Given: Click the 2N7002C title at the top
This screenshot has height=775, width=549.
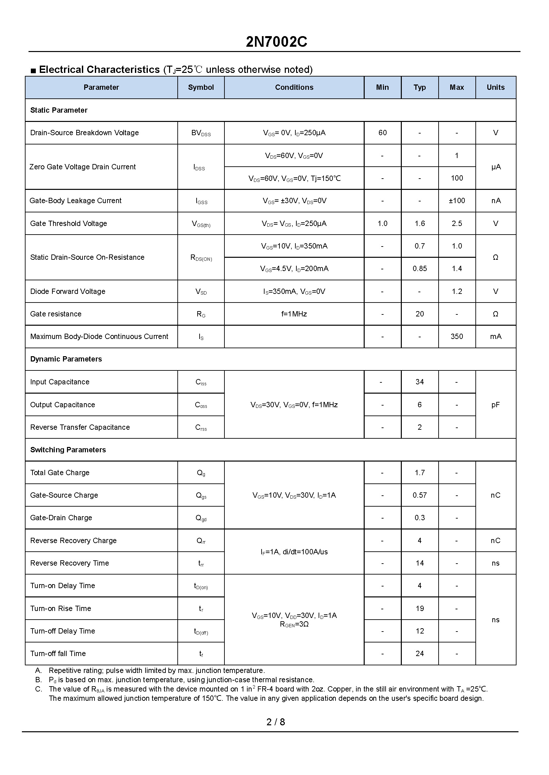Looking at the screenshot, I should point(276,42).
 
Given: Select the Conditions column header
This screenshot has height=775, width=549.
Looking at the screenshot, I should point(294,87).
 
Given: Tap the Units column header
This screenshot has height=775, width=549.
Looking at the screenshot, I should point(495,87).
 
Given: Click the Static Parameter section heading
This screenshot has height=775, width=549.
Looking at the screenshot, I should point(59,110).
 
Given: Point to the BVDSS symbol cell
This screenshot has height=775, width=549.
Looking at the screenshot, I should point(201,133).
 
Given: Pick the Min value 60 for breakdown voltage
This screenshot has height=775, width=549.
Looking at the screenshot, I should point(382,133).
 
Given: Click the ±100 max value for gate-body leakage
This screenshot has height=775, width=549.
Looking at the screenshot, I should point(457,201).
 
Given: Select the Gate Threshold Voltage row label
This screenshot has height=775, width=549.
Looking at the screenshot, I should point(69,223).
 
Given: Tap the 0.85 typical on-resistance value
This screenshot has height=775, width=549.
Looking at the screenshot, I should point(419,269).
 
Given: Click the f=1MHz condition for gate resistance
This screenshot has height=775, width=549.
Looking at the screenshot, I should point(294,314).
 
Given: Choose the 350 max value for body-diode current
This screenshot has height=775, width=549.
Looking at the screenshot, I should point(457,337).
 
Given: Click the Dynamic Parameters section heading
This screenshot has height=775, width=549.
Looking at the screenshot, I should point(66,359).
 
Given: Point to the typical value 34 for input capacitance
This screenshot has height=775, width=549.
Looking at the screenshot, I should point(419,382).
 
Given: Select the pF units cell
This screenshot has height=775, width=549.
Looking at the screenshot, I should point(495,405).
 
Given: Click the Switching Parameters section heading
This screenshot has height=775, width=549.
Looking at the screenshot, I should point(68,450).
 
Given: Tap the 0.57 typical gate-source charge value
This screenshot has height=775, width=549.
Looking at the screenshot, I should point(419,495).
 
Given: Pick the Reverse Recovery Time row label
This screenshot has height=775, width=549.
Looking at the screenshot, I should point(70,563).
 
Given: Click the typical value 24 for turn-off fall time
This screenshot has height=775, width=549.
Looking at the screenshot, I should point(419,653).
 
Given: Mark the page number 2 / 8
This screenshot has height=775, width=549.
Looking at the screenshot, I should point(275,722).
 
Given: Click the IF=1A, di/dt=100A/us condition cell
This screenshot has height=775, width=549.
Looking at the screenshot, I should point(294,552).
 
